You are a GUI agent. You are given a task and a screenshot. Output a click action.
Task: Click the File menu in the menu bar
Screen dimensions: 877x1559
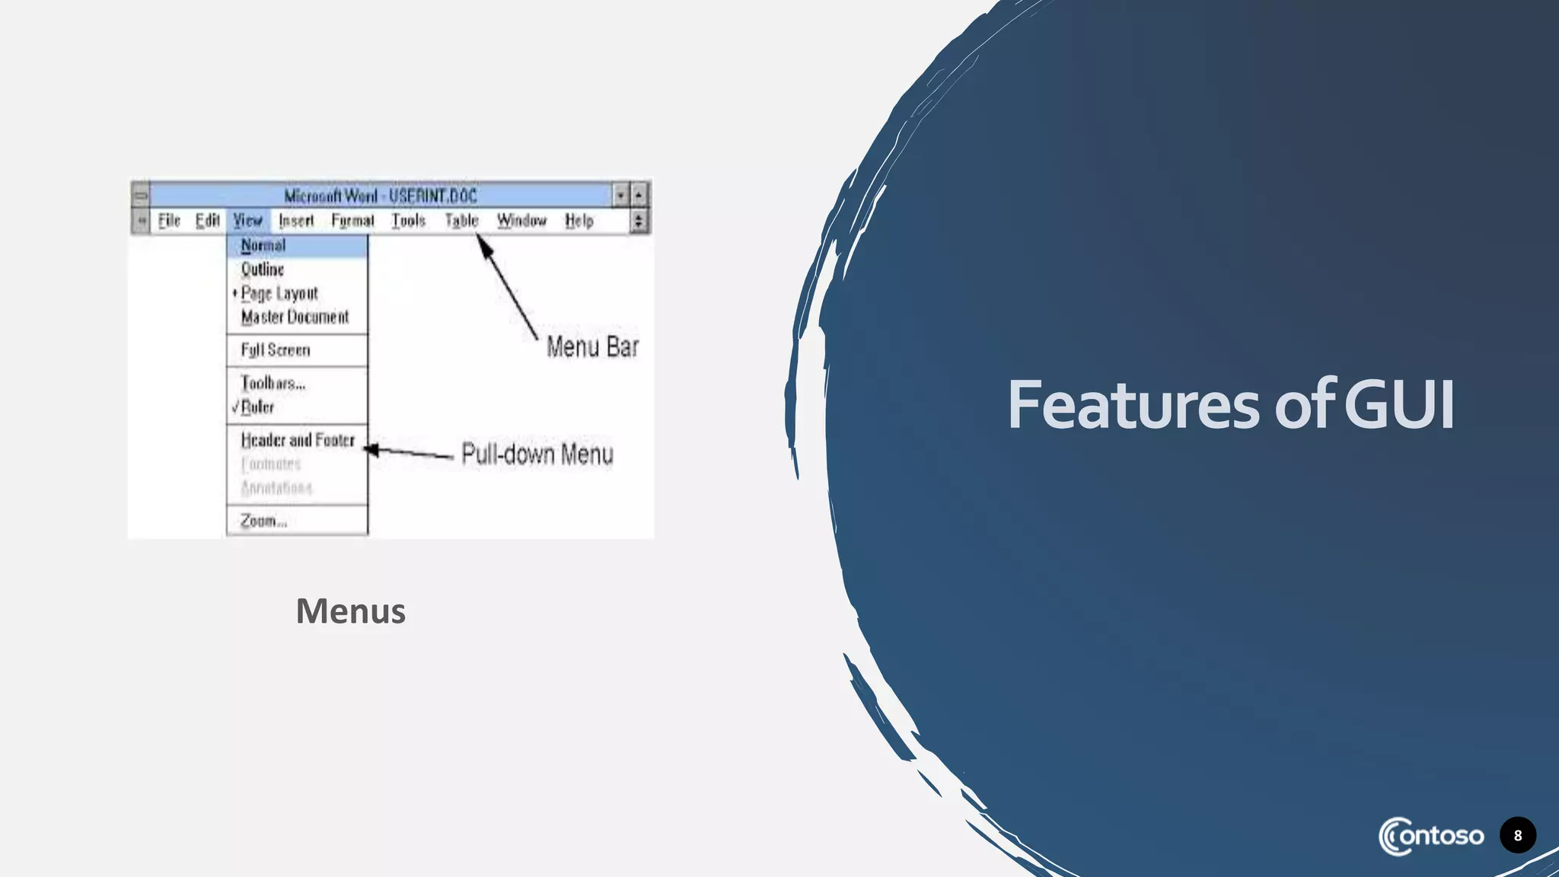169,221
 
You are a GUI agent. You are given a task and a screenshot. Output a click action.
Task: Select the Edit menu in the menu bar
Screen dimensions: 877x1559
207,221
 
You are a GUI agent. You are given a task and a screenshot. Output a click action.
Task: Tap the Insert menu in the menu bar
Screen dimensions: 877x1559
296,221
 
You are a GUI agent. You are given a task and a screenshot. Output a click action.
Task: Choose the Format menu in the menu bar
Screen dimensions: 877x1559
352,221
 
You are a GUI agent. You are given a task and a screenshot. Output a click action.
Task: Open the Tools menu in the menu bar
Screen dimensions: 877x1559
408,221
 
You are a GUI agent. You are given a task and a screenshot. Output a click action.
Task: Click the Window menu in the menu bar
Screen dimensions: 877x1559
521,221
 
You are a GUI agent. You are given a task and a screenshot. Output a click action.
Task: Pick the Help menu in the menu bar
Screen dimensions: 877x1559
579,221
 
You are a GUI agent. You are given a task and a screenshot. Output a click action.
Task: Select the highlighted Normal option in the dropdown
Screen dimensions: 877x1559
263,245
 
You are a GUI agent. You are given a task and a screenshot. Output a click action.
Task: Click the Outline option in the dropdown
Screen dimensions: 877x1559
263,269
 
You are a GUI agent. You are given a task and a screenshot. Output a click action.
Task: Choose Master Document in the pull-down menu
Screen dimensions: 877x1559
295,317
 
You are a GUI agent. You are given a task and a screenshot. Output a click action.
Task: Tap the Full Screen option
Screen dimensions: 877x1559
276,350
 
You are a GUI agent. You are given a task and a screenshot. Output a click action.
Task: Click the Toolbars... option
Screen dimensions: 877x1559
273,383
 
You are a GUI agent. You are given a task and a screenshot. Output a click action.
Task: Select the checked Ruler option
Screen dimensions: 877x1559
257,407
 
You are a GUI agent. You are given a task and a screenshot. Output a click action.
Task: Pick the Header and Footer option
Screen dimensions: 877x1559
298,440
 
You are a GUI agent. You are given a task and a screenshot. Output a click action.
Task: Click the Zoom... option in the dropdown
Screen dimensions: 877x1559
263,521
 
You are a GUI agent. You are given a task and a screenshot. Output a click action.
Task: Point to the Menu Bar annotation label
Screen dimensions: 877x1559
592,347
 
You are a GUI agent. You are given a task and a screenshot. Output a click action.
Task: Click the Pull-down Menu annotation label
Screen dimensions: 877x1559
537,454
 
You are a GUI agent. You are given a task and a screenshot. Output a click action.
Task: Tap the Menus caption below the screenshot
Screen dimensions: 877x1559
350,611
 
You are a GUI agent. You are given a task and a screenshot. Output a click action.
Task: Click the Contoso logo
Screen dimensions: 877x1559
1430,836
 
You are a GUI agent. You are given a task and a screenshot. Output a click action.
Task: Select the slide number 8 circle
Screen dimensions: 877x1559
1517,835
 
